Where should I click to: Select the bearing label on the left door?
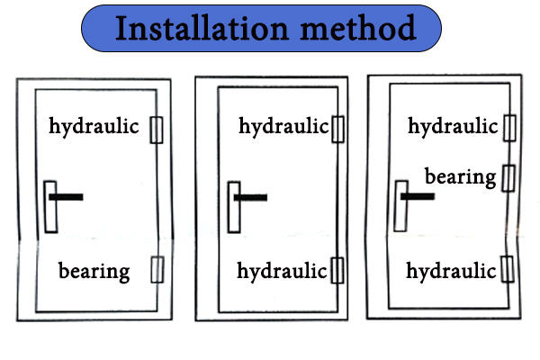(x=94, y=269)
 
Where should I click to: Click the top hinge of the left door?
(x=157, y=130)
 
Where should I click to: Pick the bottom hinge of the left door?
(x=157, y=269)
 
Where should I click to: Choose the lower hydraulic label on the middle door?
(x=283, y=269)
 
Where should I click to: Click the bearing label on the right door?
(x=460, y=176)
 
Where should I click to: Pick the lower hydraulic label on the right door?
(x=452, y=269)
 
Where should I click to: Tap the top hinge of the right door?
(x=508, y=128)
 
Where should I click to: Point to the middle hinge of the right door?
(x=508, y=177)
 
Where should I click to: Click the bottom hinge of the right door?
(x=508, y=268)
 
